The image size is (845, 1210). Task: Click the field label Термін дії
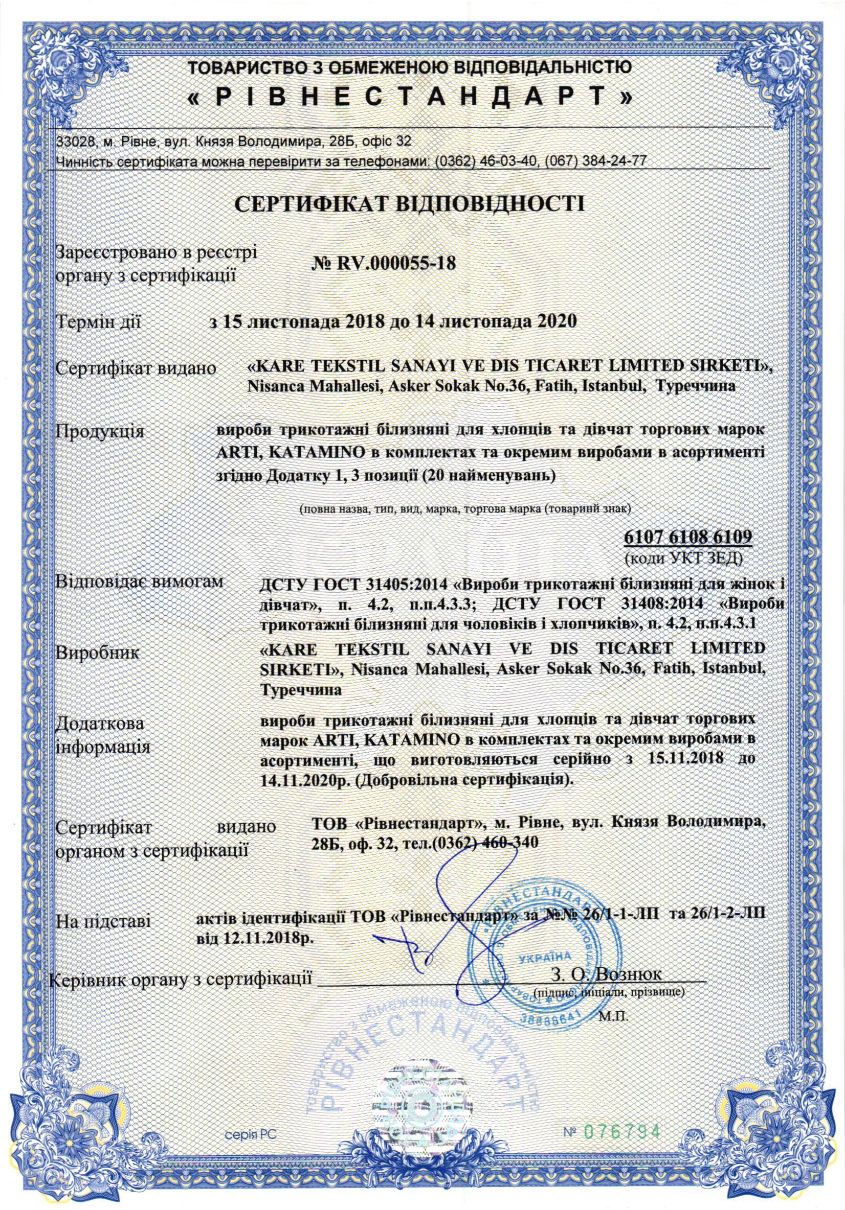point(99,321)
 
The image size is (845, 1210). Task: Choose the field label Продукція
point(100,433)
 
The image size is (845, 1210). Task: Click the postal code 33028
point(73,142)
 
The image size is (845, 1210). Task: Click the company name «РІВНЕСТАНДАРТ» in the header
point(410,97)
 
